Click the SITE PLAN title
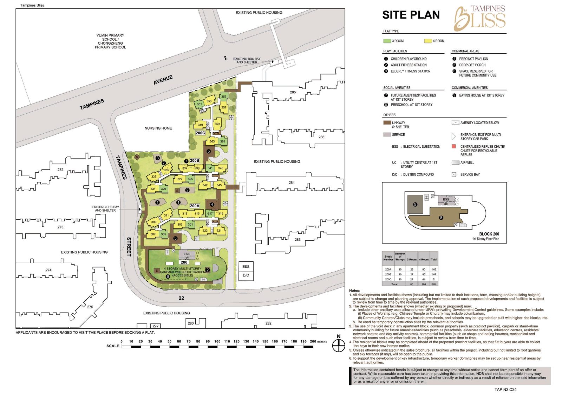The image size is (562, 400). [x=411, y=15]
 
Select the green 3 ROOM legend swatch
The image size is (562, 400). [x=387, y=41]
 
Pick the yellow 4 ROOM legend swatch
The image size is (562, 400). [x=428, y=41]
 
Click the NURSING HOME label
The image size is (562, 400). [x=158, y=128]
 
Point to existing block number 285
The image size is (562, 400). [x=293, y=92]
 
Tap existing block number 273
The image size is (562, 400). [x=60, y=227]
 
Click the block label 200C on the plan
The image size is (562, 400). [x=200, y=133]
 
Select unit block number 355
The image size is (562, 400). [x=224, y=97]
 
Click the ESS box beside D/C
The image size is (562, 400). [x=246, y=267]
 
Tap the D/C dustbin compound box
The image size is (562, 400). [x=246, y=275]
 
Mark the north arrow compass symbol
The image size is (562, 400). [x=339, y=346]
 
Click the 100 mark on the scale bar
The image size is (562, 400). [x=217, y=341]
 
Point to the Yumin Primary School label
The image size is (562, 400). [x=110, y=41]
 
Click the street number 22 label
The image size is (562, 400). [x=181, y=298]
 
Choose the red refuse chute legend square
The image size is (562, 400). [x=454, y=146]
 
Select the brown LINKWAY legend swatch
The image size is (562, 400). [x=387, y=123]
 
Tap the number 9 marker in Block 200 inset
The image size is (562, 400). [x=415, y=204]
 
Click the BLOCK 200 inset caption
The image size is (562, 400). [x=489, y=234]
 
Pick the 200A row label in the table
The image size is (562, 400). [x=388, y=269]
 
